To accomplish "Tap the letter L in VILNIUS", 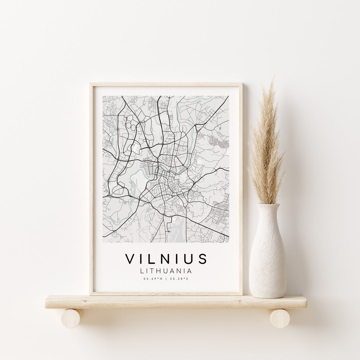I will pyautogui.click(x=154, y=259).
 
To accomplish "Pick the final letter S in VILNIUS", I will pyautogui.click(x=202, y=259).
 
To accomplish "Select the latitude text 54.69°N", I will pyautogui.click(x=153, y=279).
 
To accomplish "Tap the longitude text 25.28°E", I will pyautogui.click(x=180, y=279).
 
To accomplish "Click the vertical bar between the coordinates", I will pyautogui.click(x=166, y=279).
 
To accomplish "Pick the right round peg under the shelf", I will pyautogui.click(x=280, y=318).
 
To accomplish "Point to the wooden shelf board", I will pyautogui.click(x=176, y=302).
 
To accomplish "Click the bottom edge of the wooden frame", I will pyautogui.click(x=166, y=293).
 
